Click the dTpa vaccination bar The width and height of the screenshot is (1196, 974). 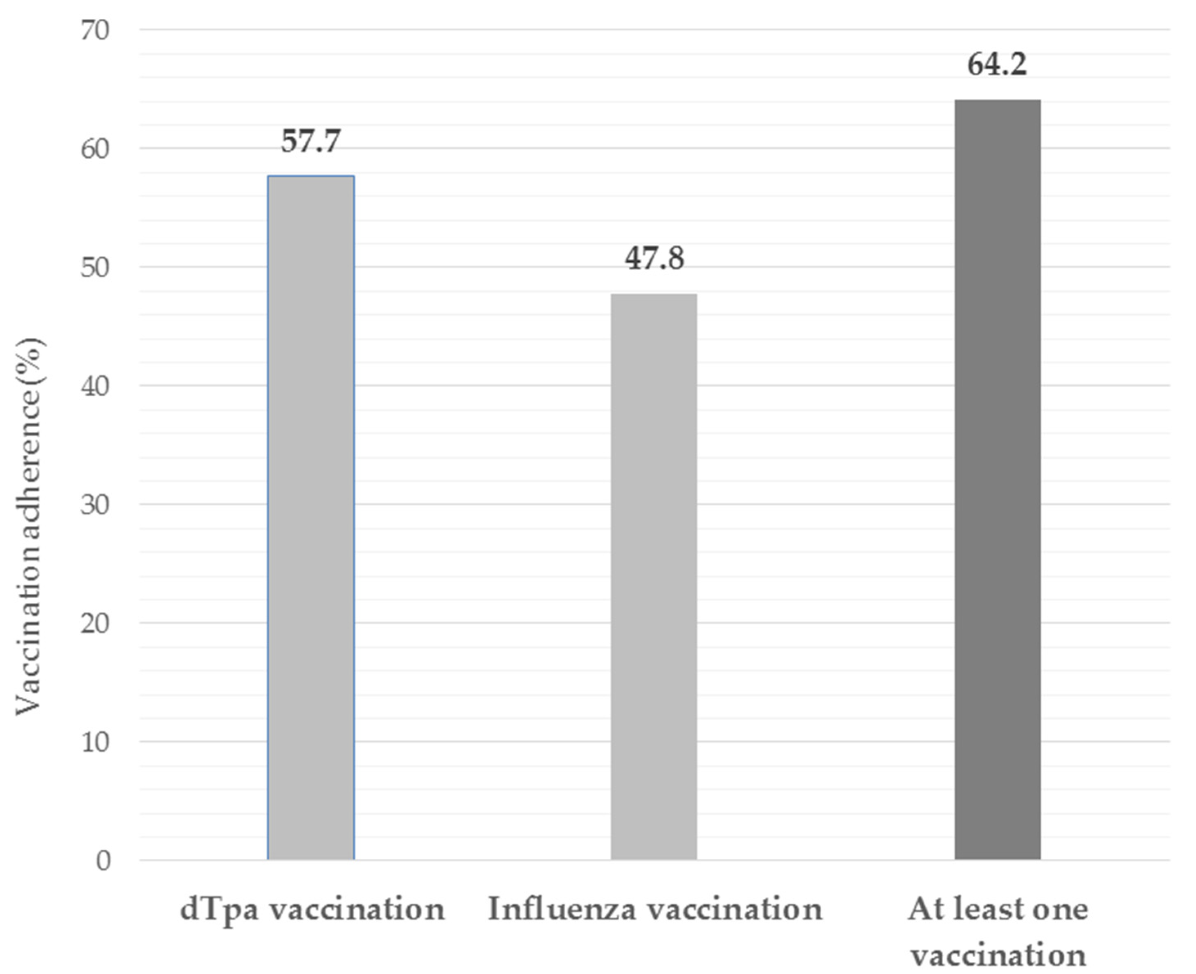310,516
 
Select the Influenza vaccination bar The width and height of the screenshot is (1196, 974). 654,575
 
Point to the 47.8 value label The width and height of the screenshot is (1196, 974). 654,259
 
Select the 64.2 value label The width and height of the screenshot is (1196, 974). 997,65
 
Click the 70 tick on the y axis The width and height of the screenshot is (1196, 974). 94,30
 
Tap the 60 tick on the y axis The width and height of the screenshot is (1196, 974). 94,149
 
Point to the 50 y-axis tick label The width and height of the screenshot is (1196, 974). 94,268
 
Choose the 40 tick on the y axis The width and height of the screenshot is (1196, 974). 94,386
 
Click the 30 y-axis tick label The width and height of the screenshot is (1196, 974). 94,505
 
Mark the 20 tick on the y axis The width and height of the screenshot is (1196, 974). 94,623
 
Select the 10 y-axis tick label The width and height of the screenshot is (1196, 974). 94,742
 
